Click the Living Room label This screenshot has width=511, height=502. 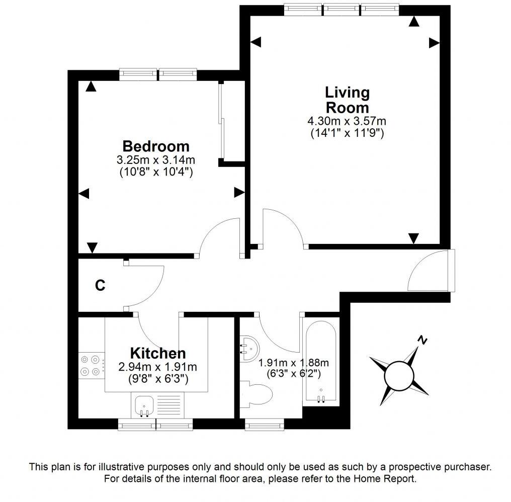coord(347,100)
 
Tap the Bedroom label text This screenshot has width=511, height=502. coord(156,146)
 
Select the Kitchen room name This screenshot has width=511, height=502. coord(158,353)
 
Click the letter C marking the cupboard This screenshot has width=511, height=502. coord(100,286)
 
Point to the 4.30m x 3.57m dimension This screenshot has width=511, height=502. coord(347,121)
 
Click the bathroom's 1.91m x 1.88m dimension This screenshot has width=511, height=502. coord(294,363)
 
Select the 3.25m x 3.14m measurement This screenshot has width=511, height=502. coord(156,160)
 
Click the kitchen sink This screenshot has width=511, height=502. coord(144,405)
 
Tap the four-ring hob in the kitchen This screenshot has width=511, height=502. coord(91,366)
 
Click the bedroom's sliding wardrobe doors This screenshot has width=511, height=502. coord(222,123)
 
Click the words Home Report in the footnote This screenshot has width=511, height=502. coord(387,478)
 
